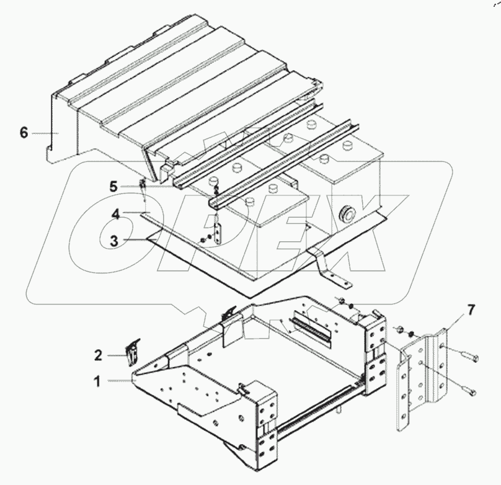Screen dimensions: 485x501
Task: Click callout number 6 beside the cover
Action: (x=24, y=133)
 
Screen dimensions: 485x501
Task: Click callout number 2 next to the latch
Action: (x=98, y=356)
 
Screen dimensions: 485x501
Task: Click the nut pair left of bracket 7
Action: (x=398, y=332)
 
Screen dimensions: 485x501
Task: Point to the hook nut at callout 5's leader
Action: (x=142, y=185)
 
